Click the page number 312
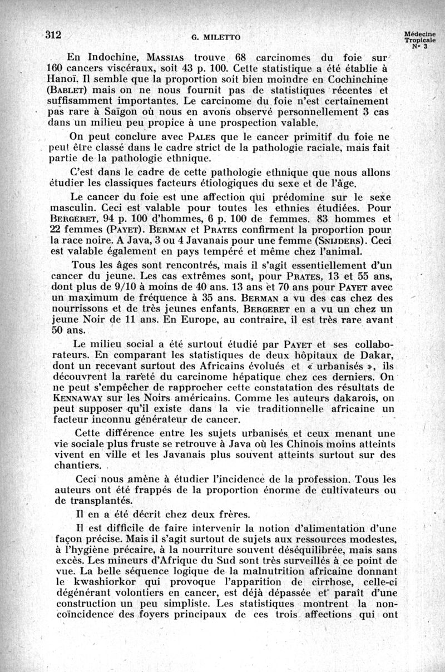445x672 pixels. pyautogui.click(x=53, y=34)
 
